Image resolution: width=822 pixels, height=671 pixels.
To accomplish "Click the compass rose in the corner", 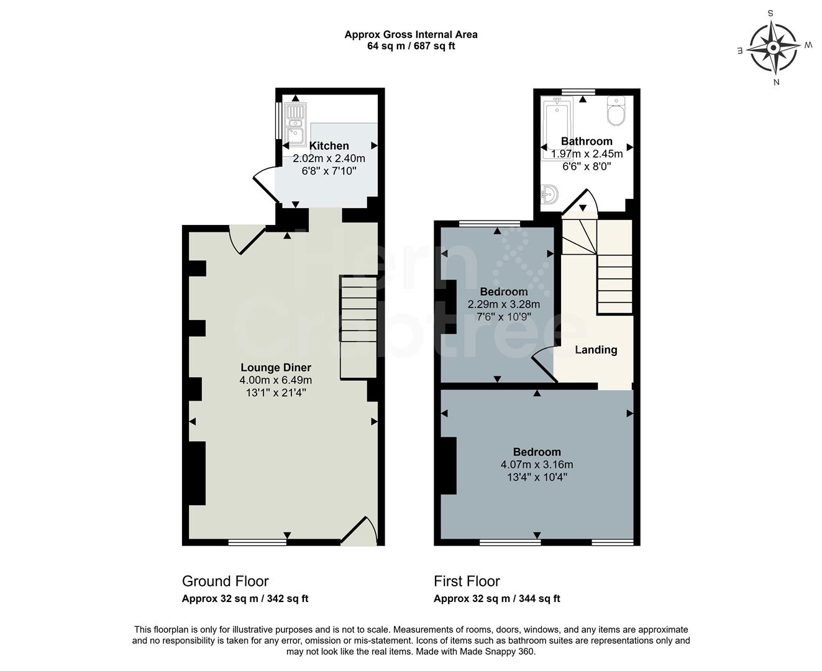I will (x=774, y=47).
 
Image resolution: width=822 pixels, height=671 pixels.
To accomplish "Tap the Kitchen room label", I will (x=329, y=145).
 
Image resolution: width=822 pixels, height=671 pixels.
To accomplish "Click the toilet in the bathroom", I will (x=616, y=111).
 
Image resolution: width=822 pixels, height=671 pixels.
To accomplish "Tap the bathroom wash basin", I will (x=549, y=194).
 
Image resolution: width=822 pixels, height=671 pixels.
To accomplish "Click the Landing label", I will (x=596, y=350).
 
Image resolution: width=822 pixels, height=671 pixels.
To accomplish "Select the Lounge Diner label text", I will (x=276, y=367).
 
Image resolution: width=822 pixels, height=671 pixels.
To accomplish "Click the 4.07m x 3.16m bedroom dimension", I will (x=537, y=465).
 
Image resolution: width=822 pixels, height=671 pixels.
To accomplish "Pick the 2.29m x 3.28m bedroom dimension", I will (x=503, y=304).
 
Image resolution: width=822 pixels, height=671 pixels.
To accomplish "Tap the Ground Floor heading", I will (x=225, y=581).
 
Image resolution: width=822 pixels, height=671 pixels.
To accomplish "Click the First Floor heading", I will (x=467, y=581).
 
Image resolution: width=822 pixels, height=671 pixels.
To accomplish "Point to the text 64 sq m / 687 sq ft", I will (x=411, y=46).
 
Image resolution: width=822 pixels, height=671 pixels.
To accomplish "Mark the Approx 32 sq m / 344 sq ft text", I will (x=496, y=599).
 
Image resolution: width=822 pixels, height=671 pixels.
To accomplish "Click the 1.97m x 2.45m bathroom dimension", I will (x=587, y=154).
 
